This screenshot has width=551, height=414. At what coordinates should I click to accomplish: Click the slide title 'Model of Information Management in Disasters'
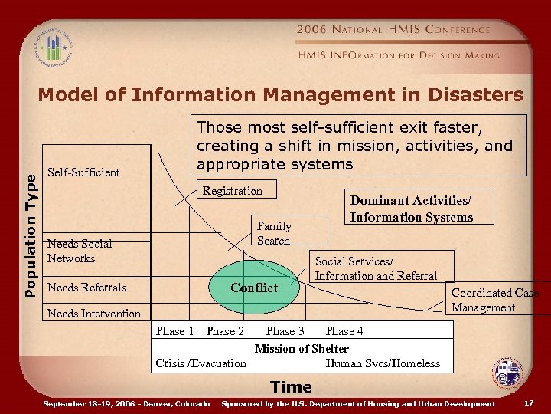coord(281,95)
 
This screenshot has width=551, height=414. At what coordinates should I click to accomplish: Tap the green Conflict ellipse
coord(255,287)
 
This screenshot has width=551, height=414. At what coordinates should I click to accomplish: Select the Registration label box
coord(233,191)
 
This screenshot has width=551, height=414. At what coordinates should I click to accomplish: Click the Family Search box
coord(273,233)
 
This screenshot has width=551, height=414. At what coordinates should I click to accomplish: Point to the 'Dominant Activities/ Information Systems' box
coord(411,208)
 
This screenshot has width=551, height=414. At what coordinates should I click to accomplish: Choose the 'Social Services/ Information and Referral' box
coord(376,268)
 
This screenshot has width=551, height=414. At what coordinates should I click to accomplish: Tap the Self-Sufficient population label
coord(83,172)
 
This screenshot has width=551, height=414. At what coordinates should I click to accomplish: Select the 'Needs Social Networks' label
coord(80,251)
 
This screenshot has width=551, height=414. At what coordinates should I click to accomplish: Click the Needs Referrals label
coord(86,287)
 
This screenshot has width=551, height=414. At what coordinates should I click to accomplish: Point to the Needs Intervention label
coord(94,313)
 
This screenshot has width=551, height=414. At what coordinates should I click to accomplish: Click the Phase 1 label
coord(174,331)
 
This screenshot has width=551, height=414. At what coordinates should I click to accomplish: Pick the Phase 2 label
coord(225,331)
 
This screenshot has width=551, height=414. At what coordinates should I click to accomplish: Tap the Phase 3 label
coord(285,331)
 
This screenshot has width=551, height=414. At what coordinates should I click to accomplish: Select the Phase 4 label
coord(344,331)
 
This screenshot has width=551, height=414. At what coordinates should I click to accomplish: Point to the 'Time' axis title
coord(291,387)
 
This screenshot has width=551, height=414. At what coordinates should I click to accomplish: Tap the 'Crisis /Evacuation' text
coord(201,363)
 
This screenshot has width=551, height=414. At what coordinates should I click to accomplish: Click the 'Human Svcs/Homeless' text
coord(383,363)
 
